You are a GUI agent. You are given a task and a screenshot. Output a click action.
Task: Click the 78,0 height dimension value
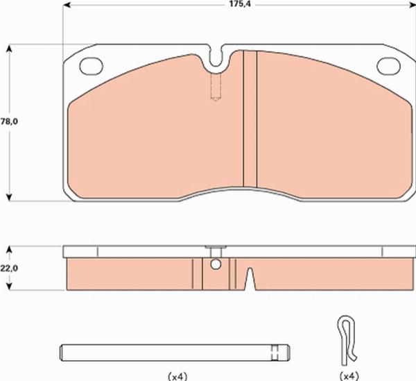(x=8, y=121)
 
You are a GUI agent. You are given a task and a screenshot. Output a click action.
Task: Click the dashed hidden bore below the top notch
(x=216, y=87)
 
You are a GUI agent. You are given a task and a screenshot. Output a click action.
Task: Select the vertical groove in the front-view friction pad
(x=250, y=118)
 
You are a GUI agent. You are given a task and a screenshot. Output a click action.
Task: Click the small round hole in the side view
(x=216, y=264)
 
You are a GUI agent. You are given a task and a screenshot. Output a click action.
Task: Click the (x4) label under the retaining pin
(x=179, y=375)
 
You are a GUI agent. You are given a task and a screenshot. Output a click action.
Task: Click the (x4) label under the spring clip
(x=349, y=375)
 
